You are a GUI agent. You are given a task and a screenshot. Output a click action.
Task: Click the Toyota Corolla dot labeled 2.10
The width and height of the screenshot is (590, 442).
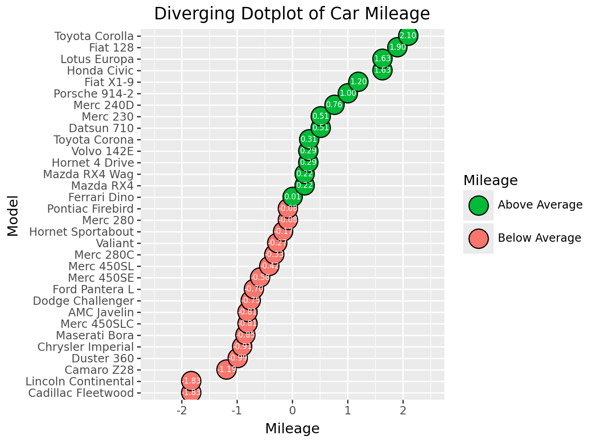tap(408, 36)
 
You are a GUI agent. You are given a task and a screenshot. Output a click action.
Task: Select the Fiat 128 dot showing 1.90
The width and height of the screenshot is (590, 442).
tap(397, 47)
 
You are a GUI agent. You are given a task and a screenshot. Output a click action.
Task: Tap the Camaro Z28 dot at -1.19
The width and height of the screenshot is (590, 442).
tap(226, 370)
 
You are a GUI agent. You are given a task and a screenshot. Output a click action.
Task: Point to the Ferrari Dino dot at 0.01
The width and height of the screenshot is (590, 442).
tap(293, 197)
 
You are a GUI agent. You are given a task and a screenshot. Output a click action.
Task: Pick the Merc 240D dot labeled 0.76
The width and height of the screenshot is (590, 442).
tap(334, 105)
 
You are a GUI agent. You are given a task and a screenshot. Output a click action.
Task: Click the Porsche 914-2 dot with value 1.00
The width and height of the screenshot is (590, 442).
tap(348, 93)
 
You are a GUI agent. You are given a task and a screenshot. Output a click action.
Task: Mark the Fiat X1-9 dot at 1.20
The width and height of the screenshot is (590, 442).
tap(358, 82)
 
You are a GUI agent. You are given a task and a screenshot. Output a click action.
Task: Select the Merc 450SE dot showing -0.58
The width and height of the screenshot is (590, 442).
tap(260, 278)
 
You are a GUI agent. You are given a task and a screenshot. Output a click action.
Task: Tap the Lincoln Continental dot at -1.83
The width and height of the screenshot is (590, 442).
tap(191, 381)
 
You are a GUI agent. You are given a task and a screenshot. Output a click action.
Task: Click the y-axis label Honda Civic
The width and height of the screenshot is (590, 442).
tap(100, 71)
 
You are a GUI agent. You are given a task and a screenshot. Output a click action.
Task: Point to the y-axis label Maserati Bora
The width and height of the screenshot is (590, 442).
tap(94, 336)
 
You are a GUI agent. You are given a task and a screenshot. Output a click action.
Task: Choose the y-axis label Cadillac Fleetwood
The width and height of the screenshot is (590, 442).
tap(81, 393)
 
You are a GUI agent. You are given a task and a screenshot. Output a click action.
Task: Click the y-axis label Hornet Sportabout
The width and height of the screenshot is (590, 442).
tap(81, 232)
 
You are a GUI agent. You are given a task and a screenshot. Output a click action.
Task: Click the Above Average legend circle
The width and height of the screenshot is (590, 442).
tap(478, 205)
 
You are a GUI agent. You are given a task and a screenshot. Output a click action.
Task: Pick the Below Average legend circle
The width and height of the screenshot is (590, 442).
tap(478, 238)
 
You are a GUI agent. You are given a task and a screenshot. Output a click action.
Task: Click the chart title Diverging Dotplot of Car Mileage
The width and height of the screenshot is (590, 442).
tap(292, 14)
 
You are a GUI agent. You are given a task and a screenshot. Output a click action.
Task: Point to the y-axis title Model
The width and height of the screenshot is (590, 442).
tap(13, 215)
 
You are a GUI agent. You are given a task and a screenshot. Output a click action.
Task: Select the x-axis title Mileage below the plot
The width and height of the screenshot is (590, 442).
tap(292, 429)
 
